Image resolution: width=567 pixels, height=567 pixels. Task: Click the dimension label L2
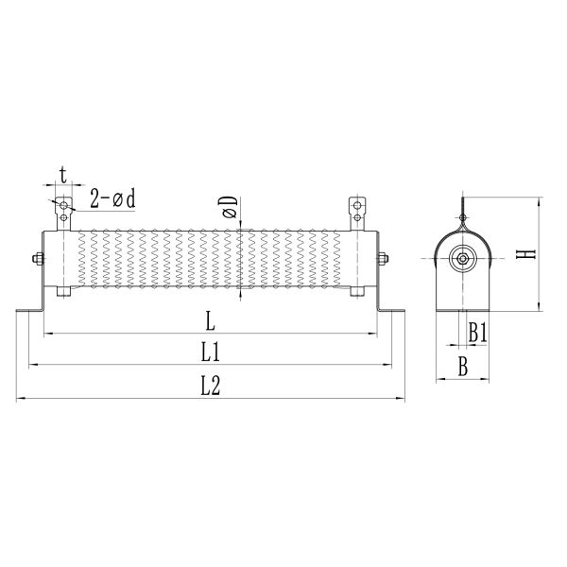click(x=211, y=386)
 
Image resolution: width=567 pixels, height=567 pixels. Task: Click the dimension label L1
click(x=211, y=352)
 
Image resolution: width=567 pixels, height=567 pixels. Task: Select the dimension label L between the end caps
click(x=209, y=319)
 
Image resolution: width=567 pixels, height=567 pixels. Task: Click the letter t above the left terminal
click(x=62, y=175)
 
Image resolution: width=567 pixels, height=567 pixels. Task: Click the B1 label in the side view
click(x=477, y=333)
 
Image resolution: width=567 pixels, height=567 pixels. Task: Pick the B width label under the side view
click(x=462, y=368)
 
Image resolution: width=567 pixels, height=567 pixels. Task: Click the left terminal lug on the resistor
click(x=63, y=212)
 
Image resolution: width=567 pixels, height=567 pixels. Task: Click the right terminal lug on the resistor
click(x=357, y=212)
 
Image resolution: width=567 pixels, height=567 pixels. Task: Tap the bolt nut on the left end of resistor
click(x=36, y=258)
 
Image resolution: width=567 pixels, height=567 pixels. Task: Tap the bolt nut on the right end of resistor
click(x=385, y=258)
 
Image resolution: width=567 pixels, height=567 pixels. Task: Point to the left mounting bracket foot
click(x=28, y=310)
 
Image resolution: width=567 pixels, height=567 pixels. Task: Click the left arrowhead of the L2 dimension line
click(x=19, y=399)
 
